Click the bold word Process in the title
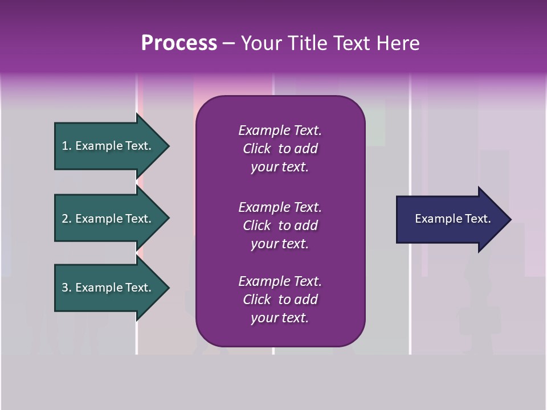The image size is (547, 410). (x=179, y=43)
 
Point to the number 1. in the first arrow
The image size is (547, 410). (x=67, y=146)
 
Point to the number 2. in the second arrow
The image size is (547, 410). (x=67, y=219)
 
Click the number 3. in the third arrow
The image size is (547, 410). (x=67, y=288)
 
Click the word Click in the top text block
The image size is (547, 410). (x=257, y=149)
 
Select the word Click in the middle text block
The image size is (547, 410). (x=257, y=225)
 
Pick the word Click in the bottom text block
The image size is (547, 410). (x=257, y=300)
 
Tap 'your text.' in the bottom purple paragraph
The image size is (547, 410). (x=280, y=318)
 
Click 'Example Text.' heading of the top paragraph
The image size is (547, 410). (x=280, y=130)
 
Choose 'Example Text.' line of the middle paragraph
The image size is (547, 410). (x=280, y=207)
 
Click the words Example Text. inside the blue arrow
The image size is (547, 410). (x=453, y=219)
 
